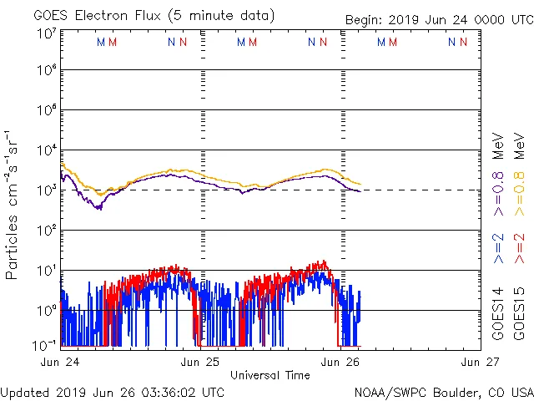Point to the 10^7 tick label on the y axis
47,34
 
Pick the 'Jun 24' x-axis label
60,362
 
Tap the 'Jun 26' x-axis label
340,362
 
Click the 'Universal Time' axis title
270,375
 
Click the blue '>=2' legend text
498,249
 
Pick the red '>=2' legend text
519,249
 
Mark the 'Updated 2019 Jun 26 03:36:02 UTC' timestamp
113,392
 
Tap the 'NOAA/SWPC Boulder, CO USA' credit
443,392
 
